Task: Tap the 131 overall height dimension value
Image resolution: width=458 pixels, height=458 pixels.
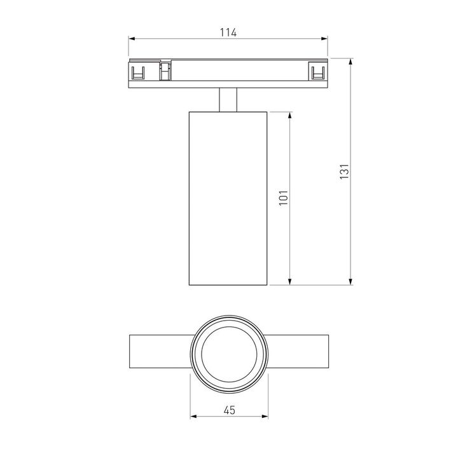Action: (x=344, y=172)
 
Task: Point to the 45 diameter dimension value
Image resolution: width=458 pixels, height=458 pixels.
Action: (x=229, y=410)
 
